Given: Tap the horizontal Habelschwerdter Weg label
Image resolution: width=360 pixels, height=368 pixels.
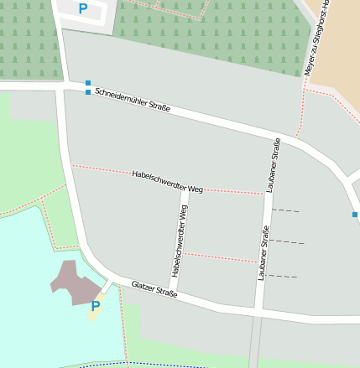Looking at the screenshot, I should [168, 182].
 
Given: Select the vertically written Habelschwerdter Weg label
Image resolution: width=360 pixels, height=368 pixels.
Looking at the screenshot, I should [179, 241].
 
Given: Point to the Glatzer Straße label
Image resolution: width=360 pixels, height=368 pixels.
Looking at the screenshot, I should [154, 290].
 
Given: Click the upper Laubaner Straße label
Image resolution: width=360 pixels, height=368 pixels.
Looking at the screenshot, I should [273, 165].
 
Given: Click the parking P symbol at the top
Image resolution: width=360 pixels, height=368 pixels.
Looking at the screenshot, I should [82, 9].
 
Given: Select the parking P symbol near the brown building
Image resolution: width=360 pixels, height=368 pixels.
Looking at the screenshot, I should [95, 307].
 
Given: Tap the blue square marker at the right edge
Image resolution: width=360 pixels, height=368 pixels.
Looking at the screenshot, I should [355, 215].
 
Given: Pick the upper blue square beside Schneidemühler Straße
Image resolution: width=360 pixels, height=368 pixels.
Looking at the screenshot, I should [88, 82].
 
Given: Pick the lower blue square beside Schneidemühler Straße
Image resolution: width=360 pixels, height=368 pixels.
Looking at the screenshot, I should [88, 92].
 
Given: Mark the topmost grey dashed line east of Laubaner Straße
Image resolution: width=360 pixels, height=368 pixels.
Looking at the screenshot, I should [285, 210].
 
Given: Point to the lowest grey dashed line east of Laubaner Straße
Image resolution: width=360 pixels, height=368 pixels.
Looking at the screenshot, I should [283, 276].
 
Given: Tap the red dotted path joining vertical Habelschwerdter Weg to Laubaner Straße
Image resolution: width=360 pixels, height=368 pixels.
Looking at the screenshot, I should [220, 257].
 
